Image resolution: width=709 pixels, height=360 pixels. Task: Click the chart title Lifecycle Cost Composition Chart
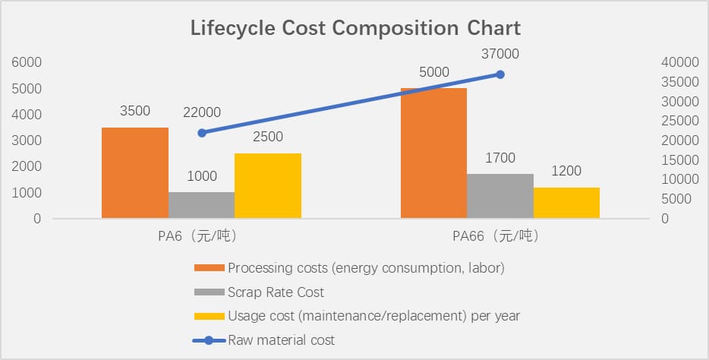[354, 29]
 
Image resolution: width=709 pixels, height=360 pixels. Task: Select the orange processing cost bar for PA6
[135, 173]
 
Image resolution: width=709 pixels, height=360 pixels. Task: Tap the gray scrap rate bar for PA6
[201, 205]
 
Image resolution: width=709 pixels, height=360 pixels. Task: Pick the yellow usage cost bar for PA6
[267, 186]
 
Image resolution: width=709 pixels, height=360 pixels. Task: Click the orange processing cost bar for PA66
[433, 153]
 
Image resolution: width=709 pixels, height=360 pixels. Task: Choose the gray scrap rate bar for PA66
[499, 196]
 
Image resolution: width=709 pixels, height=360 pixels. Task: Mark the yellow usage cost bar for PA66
[566, 203]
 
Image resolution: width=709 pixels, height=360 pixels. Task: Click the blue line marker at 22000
[202, 133]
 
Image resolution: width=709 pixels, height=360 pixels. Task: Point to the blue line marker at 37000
[500, 74]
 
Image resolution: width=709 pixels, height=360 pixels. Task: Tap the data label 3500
[135, 111]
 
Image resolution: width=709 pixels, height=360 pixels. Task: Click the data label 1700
[500, 158]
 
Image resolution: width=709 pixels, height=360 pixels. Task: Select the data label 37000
[500, 54]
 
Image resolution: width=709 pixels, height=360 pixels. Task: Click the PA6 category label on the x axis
[193, 236]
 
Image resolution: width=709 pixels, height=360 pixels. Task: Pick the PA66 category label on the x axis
[495, 236]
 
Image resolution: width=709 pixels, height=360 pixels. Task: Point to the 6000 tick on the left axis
[27, 62]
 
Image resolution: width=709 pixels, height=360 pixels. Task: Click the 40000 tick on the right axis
[675, 62]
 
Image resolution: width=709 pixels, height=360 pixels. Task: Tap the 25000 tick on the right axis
[675, 121]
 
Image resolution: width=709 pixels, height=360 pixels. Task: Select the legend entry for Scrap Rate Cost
[276, 292]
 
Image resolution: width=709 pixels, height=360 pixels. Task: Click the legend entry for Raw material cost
[281, 339]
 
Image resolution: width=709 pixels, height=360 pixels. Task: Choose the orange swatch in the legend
[210, 268]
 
